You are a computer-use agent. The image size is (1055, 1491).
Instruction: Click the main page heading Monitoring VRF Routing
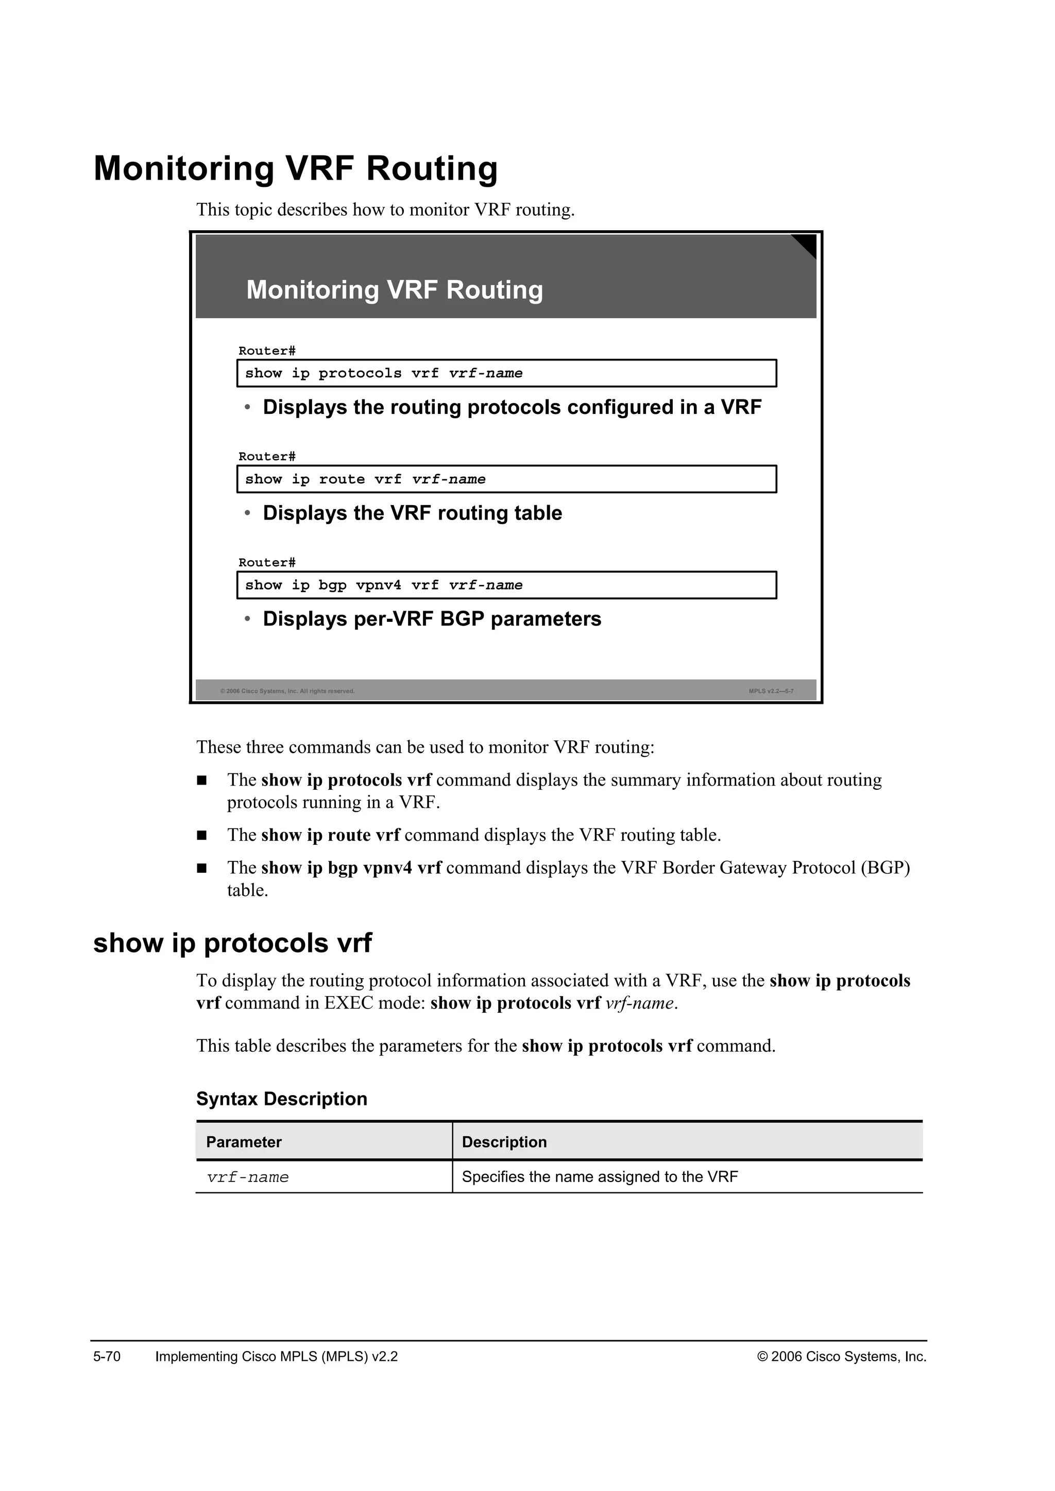296,168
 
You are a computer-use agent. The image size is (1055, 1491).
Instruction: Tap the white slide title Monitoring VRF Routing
394,290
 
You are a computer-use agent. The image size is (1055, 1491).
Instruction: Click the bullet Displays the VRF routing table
412,513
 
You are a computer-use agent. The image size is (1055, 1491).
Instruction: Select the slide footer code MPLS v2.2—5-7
771,691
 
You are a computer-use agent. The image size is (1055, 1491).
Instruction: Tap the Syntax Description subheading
281,1099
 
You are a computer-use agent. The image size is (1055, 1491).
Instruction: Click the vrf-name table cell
247,1177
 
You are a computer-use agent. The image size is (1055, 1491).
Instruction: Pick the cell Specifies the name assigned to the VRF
599,1177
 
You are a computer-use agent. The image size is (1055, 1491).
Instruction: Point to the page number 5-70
107,1357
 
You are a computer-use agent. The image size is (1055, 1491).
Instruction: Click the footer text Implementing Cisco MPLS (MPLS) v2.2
276,1357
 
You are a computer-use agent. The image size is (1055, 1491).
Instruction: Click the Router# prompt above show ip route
266,457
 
